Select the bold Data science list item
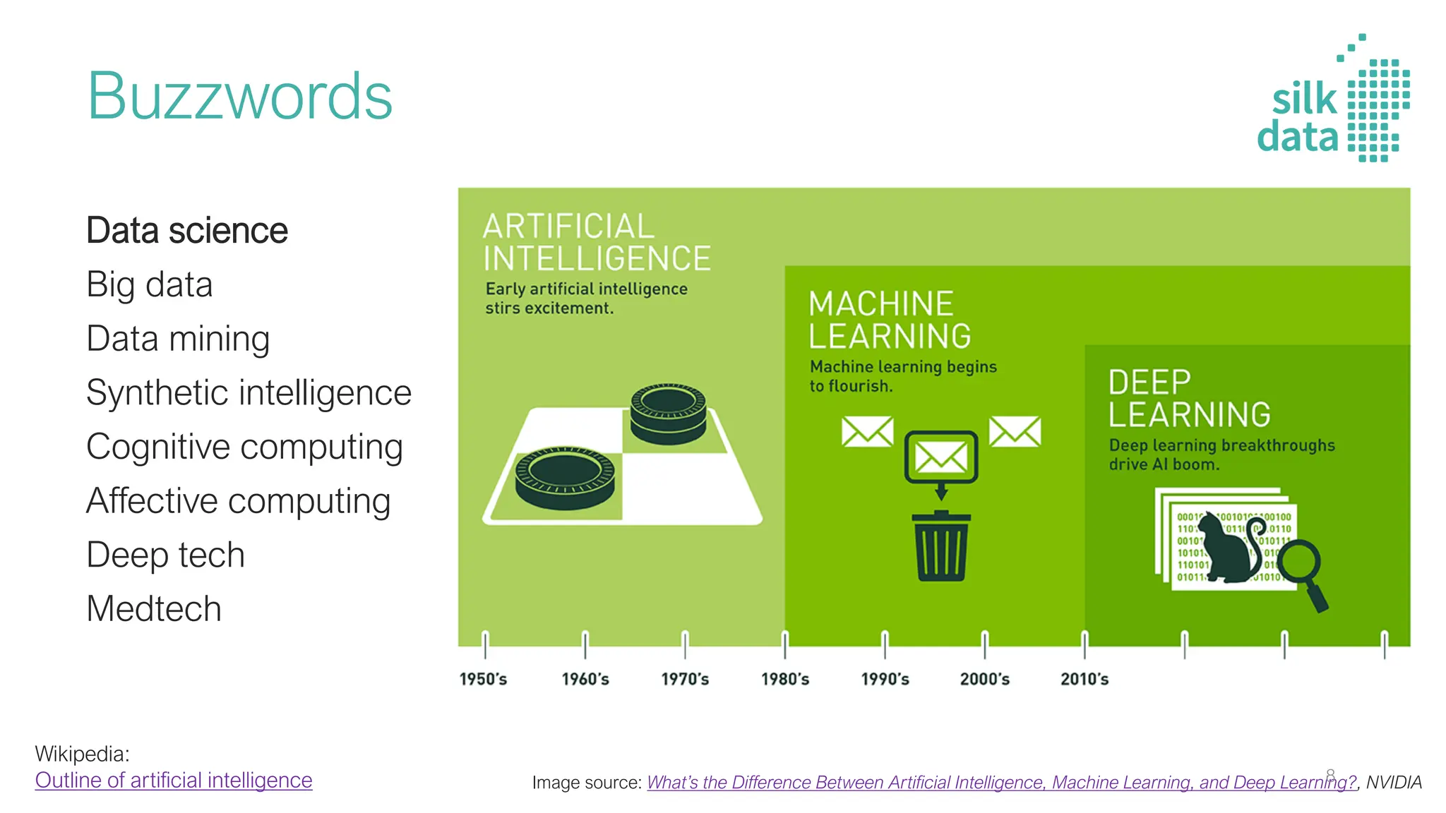(x=186, y=231)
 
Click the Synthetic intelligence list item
(x=249, y=392)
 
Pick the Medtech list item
(x=153, y=608)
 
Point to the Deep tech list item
(x=165, y=555)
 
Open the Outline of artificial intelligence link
(x=174, y=781)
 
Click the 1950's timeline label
(x=483, y=679)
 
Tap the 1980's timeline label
(x=784, y=679)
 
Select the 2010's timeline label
(x=1084, y=679)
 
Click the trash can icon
(x=941, y=546)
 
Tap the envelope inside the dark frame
(x=941, y=457)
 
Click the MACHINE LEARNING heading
(x=889, y=320)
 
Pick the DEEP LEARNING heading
(x=1189, y=399)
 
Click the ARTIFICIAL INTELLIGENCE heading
(x=596, y=242)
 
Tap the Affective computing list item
(x=238, y=501)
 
